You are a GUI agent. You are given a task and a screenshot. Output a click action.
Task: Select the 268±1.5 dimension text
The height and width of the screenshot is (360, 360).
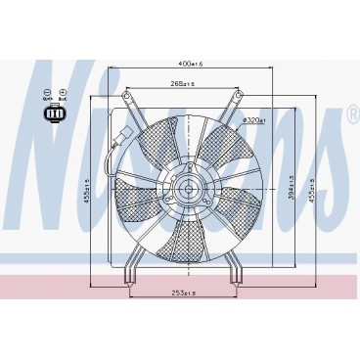click(x=181, y=83)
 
